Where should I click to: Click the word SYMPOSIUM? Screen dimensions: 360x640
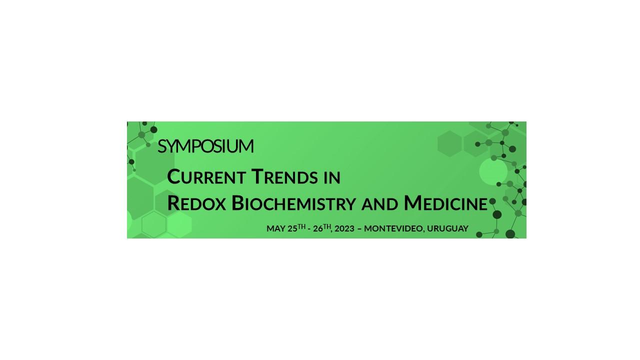click(205, 146)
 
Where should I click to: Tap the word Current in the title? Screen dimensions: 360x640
click(206, 177)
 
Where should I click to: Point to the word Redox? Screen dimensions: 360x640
click(196, 203)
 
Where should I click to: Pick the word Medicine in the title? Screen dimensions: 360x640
click(445, 203)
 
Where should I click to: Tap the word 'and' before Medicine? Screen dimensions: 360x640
click(379, 204)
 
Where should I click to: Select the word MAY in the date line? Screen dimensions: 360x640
click(276, 228)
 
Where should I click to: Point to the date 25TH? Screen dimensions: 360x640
click(297, 228)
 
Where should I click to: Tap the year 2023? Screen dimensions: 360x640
click(344, 228)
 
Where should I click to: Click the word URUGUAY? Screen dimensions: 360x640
click(447, 228)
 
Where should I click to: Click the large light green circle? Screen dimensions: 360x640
click(493, 171)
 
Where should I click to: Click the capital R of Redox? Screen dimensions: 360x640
click(173, 203)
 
